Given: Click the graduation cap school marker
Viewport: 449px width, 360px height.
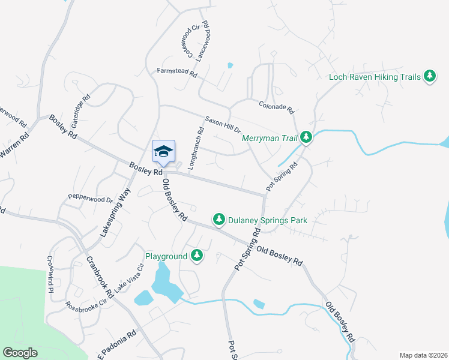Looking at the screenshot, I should coord(164,152).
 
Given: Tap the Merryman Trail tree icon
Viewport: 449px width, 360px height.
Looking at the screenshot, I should coord(306,138).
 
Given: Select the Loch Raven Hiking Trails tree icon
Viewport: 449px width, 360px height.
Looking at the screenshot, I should coord(429,76).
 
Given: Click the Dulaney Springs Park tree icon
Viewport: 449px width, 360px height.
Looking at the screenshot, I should coord(220,220).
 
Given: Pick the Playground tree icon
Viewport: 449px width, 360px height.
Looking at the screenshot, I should coord(197,256).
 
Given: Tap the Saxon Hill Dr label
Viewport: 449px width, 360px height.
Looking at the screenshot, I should coord(223,124).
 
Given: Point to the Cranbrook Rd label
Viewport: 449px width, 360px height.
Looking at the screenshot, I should coord(100,277).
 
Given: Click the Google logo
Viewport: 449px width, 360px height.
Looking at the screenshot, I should coord(20,353).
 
